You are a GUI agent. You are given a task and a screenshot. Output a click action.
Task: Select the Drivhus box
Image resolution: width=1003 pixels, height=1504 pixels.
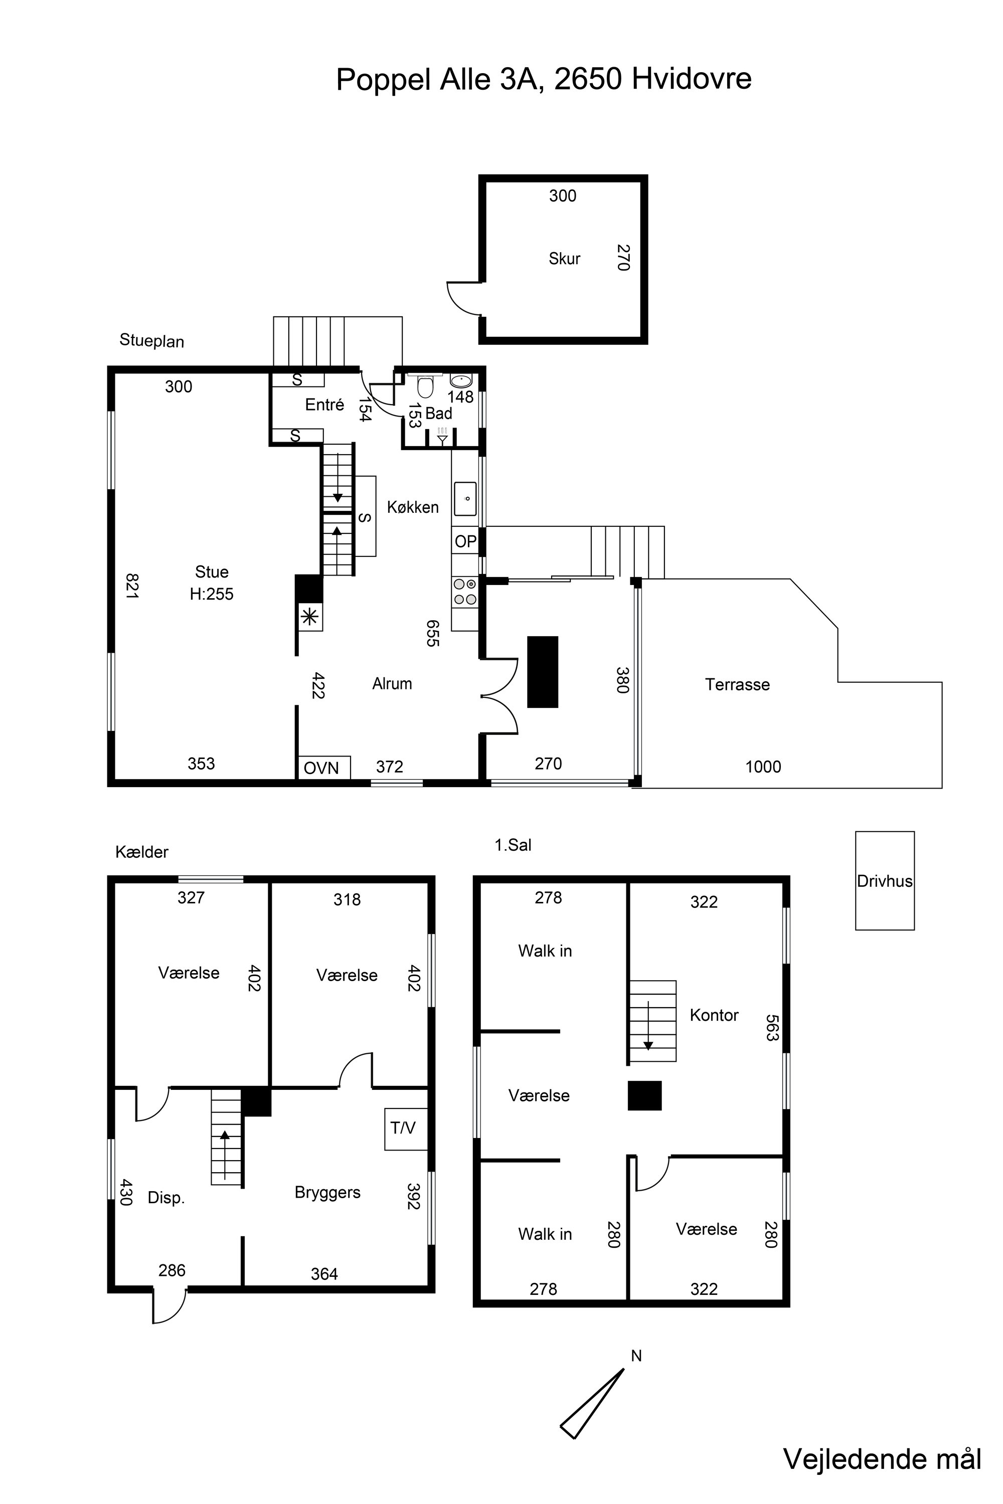885,880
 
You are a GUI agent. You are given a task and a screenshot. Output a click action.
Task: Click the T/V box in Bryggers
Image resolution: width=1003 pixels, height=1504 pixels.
406,1129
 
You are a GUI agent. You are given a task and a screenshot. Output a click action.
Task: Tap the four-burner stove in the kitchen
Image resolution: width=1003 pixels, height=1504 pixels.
465,592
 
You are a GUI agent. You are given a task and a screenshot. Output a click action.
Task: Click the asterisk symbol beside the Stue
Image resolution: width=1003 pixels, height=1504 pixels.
309,617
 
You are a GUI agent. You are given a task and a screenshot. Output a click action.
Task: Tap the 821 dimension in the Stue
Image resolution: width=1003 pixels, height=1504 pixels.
132,585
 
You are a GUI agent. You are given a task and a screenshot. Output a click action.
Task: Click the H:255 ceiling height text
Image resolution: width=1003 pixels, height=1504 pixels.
212,594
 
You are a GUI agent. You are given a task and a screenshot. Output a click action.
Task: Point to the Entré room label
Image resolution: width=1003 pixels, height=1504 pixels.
324,404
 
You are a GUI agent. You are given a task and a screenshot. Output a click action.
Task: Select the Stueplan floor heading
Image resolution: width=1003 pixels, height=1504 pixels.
151,341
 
